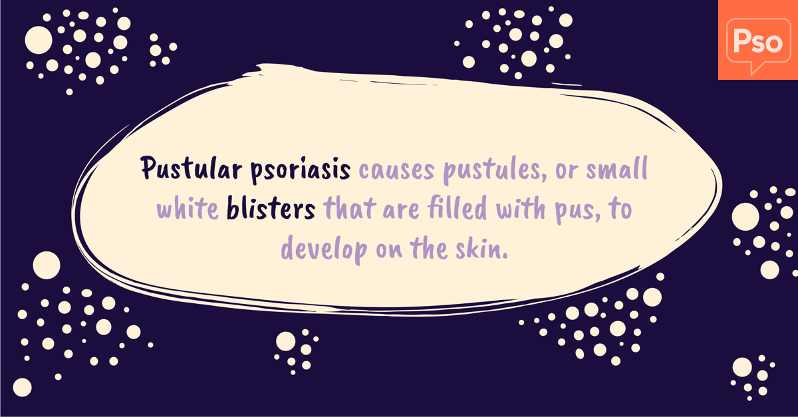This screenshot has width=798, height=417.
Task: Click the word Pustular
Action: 192,168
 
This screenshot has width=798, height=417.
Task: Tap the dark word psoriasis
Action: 301,170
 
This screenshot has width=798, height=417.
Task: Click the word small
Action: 617,168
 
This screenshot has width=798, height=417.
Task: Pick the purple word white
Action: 188,208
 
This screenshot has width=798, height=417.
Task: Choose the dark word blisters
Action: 271,208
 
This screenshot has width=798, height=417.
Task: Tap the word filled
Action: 457,208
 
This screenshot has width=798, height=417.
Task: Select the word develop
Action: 325,249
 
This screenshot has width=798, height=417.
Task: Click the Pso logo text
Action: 757,41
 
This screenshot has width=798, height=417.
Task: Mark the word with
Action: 521,208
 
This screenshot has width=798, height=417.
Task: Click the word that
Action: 350,208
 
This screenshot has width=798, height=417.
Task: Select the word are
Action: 401,210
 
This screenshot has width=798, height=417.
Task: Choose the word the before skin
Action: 428,247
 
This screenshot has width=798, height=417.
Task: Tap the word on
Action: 389,250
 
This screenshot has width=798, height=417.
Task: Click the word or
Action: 567,172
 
